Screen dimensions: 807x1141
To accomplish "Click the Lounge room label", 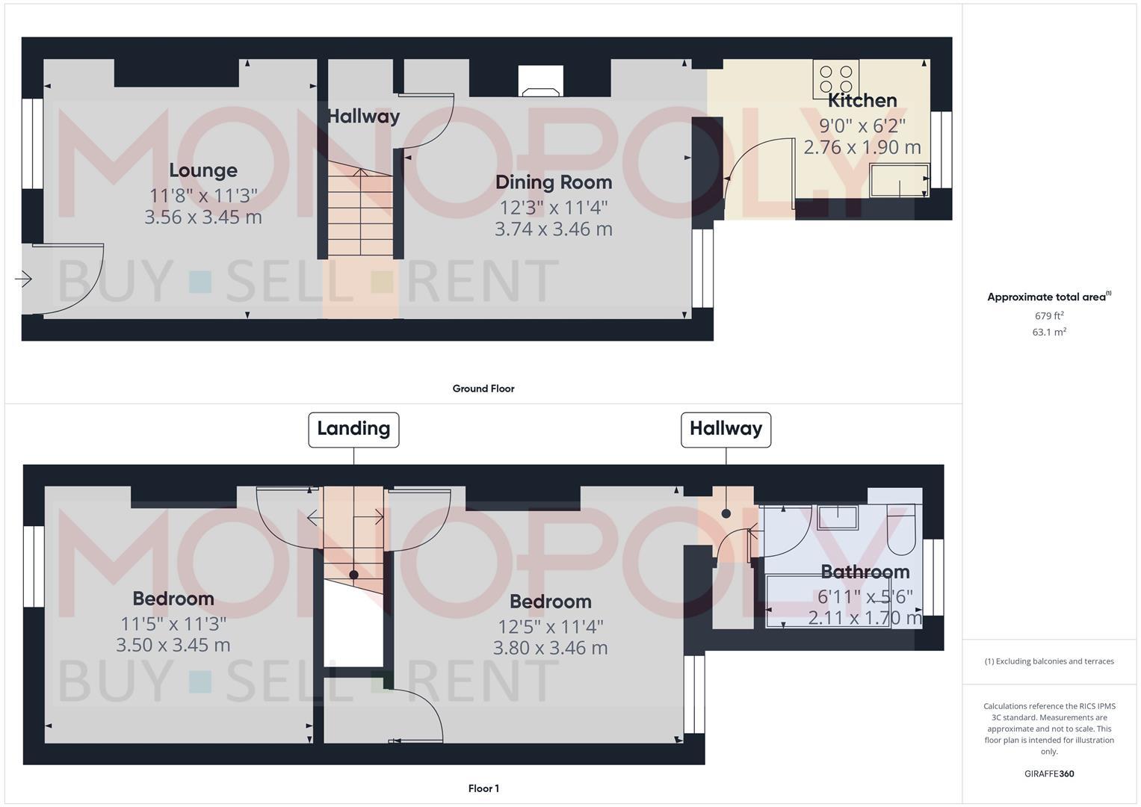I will (x=202, y=170).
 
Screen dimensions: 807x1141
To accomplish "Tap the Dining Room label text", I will (x=553, y=182).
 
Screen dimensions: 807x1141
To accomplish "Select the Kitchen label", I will (x=862, y=101).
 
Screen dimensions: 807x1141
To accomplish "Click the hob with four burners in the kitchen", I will (x=836, y=78).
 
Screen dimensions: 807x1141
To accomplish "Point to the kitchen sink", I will (x=899, y=180).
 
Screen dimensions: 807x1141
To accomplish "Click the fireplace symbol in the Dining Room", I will (x=542, y=82).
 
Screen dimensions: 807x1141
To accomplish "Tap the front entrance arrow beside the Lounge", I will (x=23, y=279).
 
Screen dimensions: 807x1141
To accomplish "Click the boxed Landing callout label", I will (x=353, y=429).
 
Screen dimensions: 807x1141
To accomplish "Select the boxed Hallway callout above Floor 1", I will (x=726, y=429).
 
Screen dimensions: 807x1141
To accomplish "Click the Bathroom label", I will (x=865, y=572).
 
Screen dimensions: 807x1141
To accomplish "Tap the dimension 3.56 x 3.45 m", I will (x=202, y=217).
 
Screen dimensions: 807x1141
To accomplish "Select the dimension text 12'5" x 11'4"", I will (x=551, y=626).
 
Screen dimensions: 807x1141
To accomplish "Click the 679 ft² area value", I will (x=1048, y=315).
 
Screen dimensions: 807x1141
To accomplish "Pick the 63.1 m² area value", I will (x=1048, y=332).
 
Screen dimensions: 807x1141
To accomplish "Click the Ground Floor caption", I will (x=483, y=389).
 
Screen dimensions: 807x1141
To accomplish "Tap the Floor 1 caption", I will (x=483, y=788).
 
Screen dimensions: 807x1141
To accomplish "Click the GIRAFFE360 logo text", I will (x=1048, y=774).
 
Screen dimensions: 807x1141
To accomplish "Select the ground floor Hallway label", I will (x=363, y=117).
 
